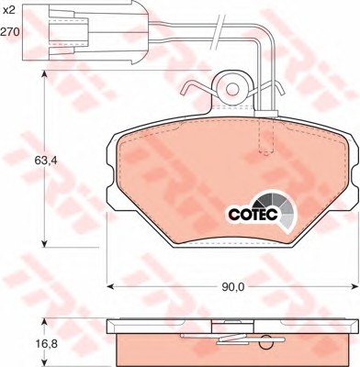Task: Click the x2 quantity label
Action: pyautogui.click(x=8, y=10)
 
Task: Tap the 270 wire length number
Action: pyautogui.click(x=10, y=31)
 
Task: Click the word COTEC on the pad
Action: pyautogui.click(x=253, y=214)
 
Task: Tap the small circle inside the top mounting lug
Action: pyautogui.click(x=232, y=89)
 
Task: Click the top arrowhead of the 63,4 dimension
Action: pyautogui.click(x=44, y=75)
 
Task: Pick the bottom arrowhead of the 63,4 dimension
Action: pyautogui.click(x=44, y=243)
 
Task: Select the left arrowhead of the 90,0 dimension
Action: pyautogui.click(x=110, y=286)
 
